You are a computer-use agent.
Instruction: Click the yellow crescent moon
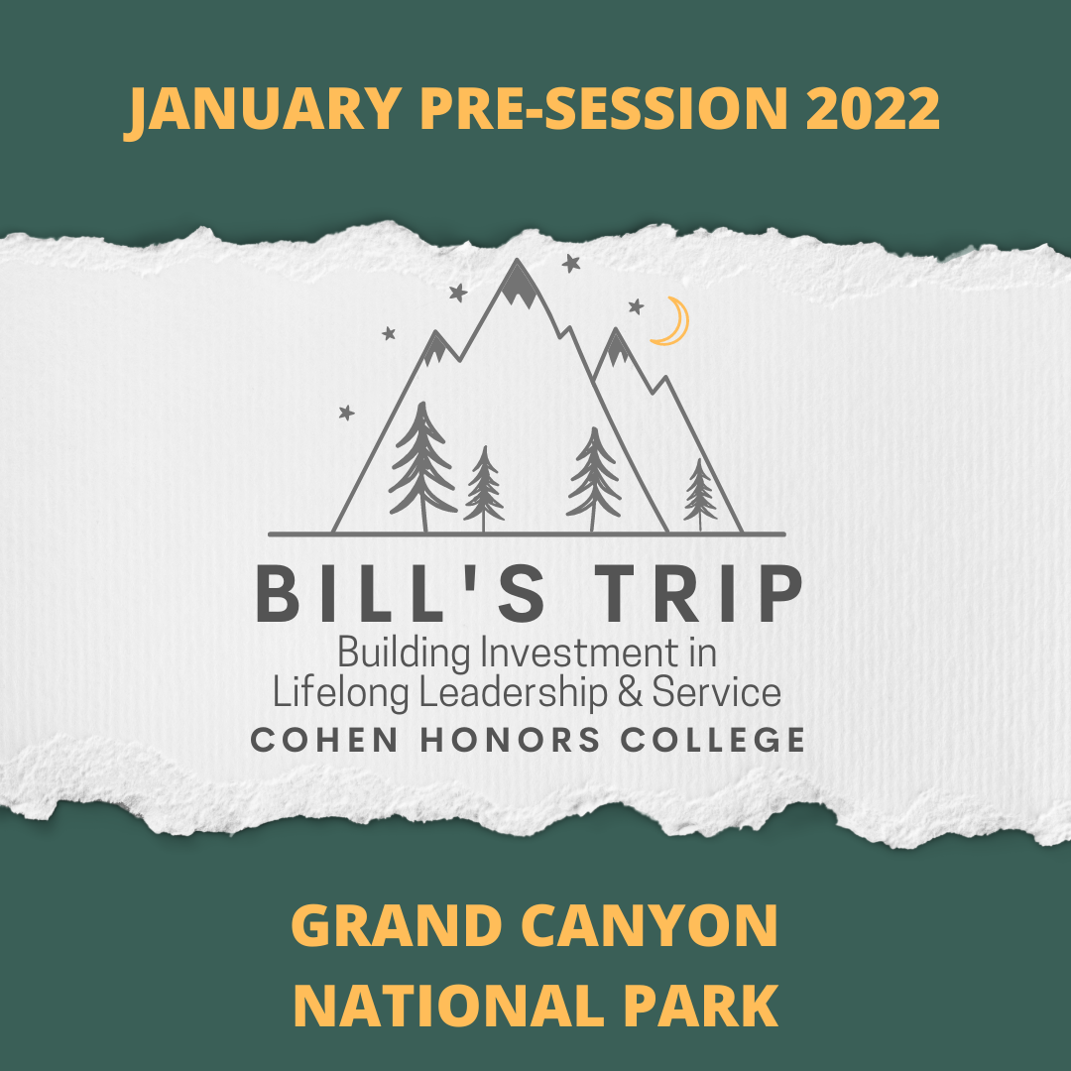click(671, 322)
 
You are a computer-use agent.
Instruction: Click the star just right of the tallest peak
click(571, 264)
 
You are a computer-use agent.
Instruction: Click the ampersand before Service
click(632, 692)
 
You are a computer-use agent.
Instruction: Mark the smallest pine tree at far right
click(700, 494)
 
